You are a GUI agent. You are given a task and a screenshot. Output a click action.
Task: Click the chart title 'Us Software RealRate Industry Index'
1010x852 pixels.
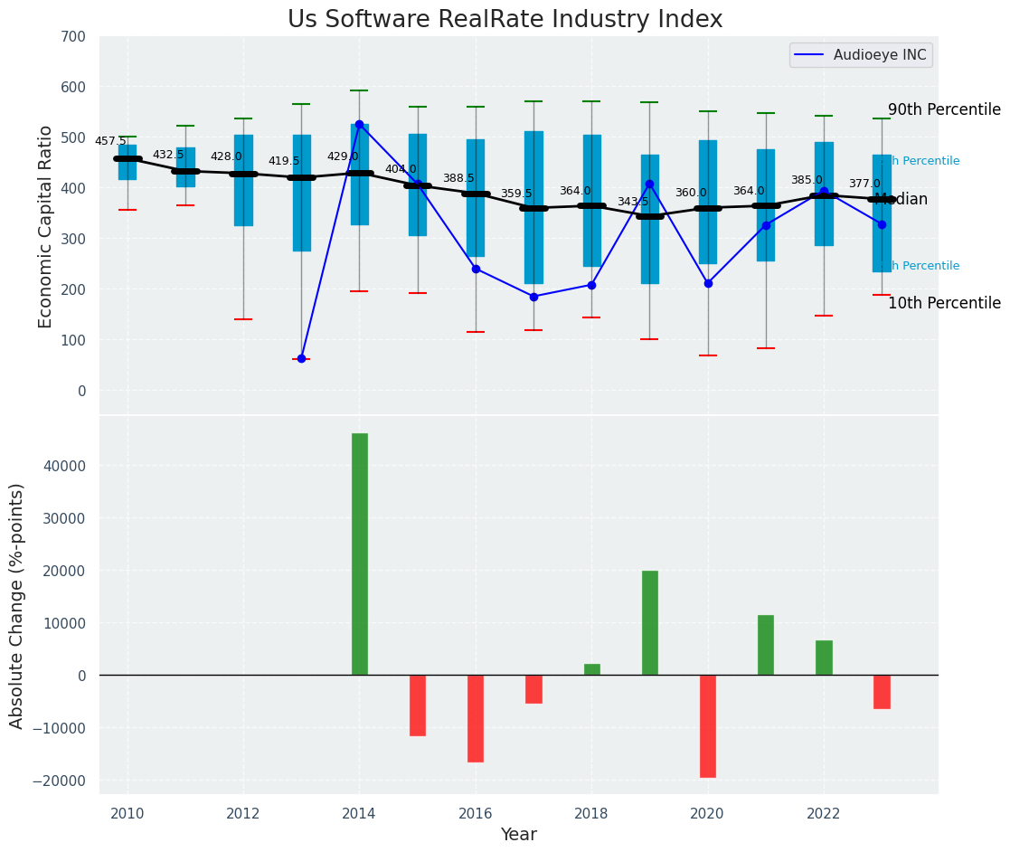505,20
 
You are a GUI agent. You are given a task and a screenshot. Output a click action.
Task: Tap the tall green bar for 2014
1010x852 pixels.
360,554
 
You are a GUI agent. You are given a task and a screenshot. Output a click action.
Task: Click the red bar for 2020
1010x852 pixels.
707,725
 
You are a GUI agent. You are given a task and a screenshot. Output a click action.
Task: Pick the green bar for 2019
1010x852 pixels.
649,622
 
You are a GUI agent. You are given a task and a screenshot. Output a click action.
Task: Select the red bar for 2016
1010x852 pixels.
476,718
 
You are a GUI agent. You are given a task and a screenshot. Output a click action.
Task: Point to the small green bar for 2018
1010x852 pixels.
591,669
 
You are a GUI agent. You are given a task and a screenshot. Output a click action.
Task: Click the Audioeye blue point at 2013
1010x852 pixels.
301,358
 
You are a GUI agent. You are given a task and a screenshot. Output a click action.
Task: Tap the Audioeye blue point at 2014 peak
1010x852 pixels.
359,124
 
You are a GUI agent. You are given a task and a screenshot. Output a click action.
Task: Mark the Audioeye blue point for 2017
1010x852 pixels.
533,297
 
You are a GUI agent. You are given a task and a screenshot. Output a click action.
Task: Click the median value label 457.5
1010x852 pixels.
110,141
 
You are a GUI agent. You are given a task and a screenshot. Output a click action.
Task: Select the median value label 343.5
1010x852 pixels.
633,202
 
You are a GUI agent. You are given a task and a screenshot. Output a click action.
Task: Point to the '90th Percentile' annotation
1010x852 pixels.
944,109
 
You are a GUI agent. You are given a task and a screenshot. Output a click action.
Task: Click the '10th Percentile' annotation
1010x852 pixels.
944,303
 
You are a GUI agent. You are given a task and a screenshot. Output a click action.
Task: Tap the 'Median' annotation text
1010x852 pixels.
901,200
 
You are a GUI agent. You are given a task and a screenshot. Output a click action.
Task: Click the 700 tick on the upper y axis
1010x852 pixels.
74,37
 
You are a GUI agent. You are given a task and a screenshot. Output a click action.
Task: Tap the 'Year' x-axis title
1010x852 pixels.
519,835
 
